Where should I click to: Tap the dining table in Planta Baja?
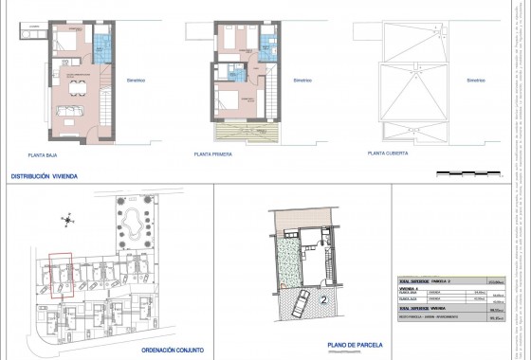(x=73, y=88)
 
